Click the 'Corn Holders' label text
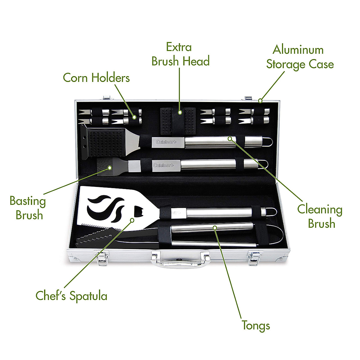pyautogui.click(x=96, y=78)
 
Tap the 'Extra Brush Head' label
pyautogui.click(x=180, y=54)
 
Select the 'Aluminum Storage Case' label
pyautogui.click(x=300, y=57)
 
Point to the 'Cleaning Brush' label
pyautogui.click(x=320, y=216)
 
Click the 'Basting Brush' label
pyautogui.click(x=28, y=208)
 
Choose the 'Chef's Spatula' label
pyautogui.click(x=71, y=296)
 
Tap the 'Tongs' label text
pyautogui.click(x=256, y=325)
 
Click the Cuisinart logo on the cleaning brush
pyautogui.click(x=166, y=141)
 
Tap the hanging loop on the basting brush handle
pyautogui.click(x=264, y=164)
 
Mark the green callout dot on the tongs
pyautogui.click(x=215, y=228)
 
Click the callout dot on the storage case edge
pyautogui.click(x=260, y=100)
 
